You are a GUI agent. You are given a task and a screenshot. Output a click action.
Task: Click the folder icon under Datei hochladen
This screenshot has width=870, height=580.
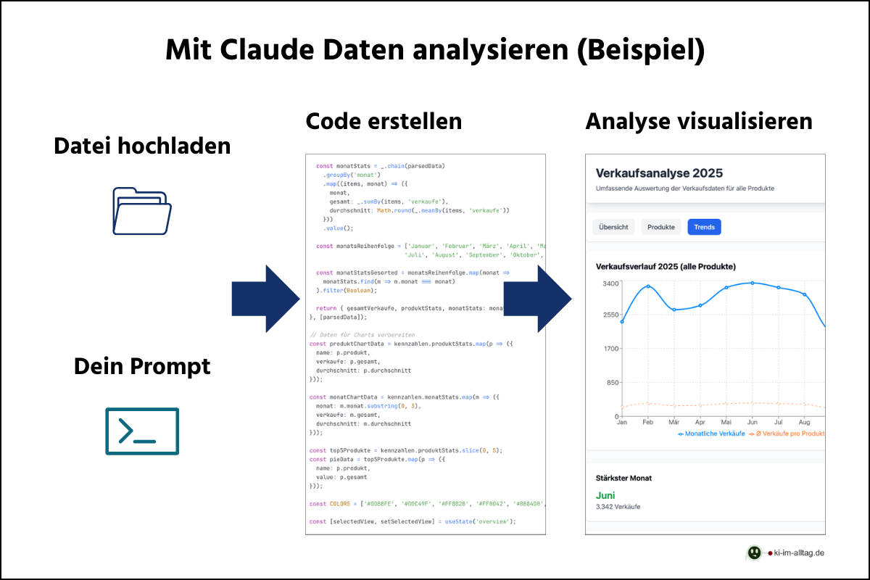(142, 211)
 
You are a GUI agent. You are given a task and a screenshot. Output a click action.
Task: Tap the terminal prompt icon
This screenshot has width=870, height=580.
(142, 431)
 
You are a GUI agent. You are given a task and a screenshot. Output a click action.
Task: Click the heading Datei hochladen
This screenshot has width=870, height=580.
(142, 146)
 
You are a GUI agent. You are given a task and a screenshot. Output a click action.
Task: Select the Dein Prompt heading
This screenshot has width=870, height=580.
(142, 366)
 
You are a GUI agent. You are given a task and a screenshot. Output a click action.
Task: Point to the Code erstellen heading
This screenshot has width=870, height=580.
(384, 120)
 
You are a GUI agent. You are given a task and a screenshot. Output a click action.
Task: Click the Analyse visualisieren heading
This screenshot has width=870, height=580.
(699, 120)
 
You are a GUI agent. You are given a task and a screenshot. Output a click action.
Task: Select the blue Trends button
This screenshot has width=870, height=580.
(704, 227)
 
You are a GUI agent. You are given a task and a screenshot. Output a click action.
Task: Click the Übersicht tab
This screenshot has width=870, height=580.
(613, 227)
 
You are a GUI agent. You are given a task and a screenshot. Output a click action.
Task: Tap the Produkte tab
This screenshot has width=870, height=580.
(661, 227)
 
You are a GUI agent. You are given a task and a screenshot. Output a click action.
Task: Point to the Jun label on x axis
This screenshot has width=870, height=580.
(752, 421)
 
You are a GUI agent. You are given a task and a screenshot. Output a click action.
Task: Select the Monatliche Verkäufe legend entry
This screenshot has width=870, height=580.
(710, 434)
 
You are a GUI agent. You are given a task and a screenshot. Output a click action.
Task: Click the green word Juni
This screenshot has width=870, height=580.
(605, 495)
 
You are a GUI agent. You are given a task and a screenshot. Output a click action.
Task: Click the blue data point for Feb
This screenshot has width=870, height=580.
(648, 286)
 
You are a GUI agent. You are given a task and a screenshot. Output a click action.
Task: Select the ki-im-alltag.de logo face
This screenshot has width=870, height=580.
(755, 552)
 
